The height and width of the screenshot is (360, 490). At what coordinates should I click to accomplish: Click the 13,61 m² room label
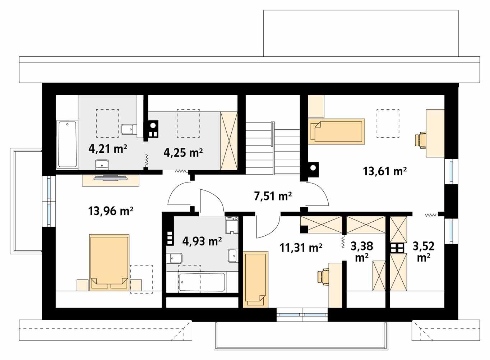[x=385, y=171]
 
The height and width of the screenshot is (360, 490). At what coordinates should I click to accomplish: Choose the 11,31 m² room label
[x=301, y=247]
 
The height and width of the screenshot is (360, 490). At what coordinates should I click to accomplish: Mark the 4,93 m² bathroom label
[x=202, y=241]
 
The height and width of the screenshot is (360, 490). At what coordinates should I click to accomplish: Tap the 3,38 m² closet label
[x=362, y=251]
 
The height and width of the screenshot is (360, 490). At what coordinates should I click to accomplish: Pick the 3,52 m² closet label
[x=424, y=251]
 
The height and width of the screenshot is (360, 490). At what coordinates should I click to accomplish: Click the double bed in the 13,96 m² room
[x=109, y=262]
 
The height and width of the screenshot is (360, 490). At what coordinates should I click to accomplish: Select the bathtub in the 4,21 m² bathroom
[x=67, y=144]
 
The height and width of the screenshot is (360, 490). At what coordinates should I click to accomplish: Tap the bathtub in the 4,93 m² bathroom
[x=202, y=282]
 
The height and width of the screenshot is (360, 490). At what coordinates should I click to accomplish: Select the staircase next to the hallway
[x=273, y=147]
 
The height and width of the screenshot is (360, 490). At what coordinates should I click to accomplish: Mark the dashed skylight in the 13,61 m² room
[x=388, y=123]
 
